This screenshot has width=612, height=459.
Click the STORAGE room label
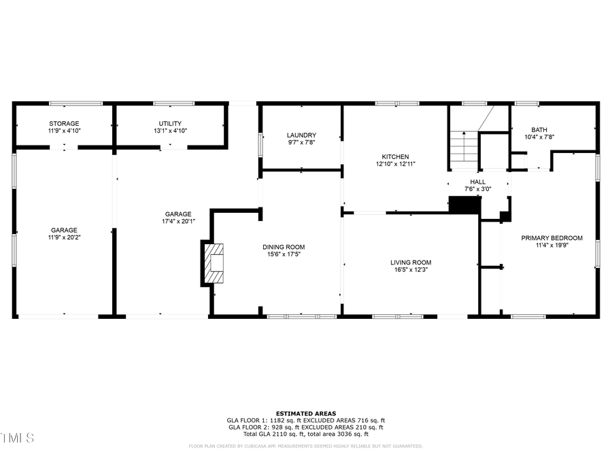click(63, 123)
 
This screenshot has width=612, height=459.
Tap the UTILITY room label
click(170, 123)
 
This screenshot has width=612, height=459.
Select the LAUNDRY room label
click(301, 135)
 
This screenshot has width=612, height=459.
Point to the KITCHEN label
click(395, 156)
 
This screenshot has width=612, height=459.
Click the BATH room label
click(539, 129)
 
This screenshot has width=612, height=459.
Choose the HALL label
click(478, 182)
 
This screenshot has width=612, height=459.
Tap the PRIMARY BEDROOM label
click(551, 238)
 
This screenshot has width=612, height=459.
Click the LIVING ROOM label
click(411, 262)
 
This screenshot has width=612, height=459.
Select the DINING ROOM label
click(284, 247)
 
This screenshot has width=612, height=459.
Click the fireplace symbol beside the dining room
click(212, 262)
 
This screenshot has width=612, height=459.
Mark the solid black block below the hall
click(464, 205)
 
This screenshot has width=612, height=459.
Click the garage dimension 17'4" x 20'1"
click(177, 221)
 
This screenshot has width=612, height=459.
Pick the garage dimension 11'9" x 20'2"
click(63, 238)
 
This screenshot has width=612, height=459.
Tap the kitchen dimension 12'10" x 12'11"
click(395, 164)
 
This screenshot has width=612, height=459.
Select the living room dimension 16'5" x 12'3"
click(411, 270)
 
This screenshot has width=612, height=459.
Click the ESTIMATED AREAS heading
click(306, 413)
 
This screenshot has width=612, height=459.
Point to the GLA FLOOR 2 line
click(306, 427)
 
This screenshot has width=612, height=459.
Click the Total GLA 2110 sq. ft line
click(306, 434)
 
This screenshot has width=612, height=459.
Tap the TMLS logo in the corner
click(17, 437)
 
